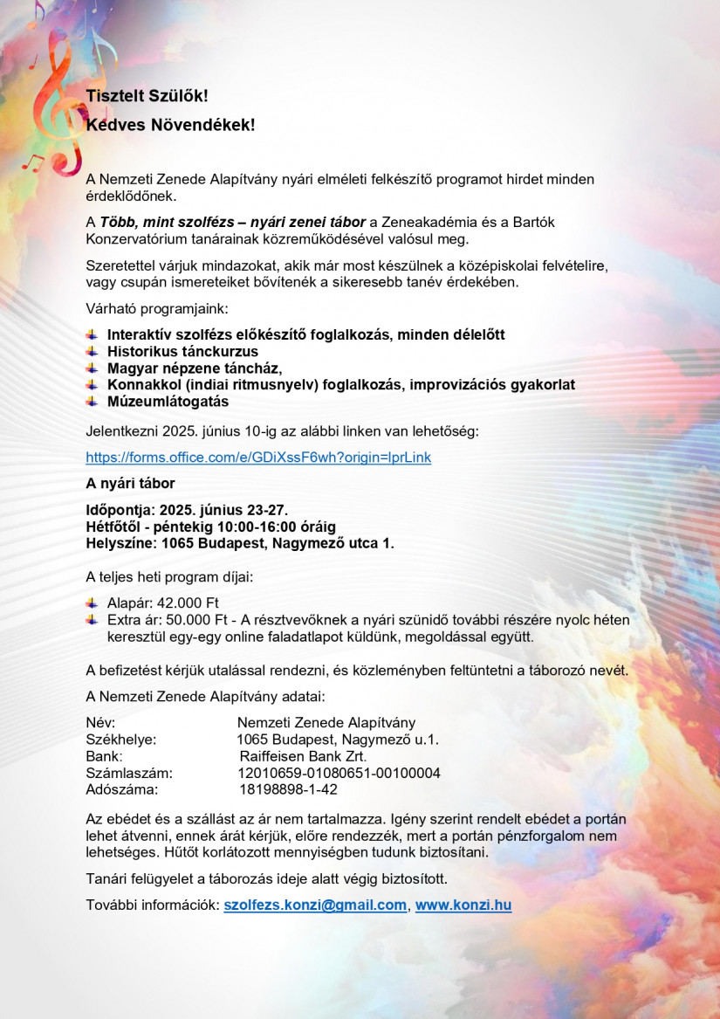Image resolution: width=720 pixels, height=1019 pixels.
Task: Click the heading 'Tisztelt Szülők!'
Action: [147, 96]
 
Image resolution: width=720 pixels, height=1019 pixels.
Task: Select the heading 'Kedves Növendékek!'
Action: [170, 125]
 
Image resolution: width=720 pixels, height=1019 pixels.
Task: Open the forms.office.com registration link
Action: [258, 458]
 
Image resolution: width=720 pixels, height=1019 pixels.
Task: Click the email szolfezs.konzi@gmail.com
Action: [315, 905]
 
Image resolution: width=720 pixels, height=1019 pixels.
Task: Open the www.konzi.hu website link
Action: [463, 905]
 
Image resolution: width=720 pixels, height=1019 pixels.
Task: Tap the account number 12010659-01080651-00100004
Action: [339, 773]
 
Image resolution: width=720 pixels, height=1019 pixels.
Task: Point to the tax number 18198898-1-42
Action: [288, 789]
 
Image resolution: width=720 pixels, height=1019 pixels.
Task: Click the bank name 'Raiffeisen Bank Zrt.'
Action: [303, 756]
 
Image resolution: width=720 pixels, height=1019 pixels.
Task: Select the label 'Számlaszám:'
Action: [129, 773]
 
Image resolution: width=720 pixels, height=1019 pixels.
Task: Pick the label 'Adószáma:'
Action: [122, 789]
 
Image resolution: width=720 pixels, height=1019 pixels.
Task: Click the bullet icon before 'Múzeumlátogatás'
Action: [92, 402]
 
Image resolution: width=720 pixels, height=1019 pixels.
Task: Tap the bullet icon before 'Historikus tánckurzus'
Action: [92, 351]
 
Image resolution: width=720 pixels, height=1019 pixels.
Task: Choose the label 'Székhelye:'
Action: [121, 740]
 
